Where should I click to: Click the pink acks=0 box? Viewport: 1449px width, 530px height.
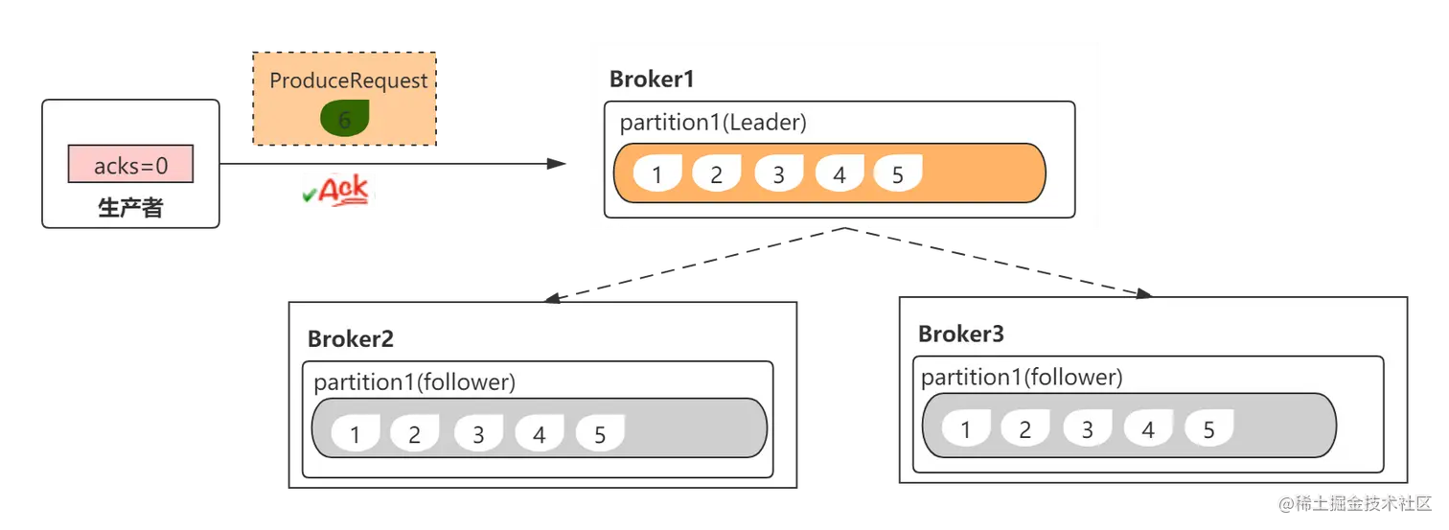click(x=130, y=164)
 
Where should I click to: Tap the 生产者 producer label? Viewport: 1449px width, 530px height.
click(x=130, y=208)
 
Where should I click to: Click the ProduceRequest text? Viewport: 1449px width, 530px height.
click(x=349, y=81)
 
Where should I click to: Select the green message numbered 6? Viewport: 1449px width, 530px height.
click(x=345, y=119)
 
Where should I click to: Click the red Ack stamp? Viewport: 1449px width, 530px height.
click(x=336, y=191)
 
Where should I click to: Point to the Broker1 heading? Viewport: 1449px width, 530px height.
click(x=652, y=79)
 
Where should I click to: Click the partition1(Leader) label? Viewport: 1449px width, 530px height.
click(x=713, y=123)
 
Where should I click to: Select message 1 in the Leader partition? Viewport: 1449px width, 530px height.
click(x=657, y=173)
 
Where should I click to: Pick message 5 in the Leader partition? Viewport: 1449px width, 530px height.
click(x=898, y=173)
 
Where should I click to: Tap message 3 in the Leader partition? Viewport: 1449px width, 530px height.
click(x=779, y=173)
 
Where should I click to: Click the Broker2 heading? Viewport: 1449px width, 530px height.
click(x=351, y=339)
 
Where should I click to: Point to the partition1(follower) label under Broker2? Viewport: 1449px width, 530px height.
click(x=415, y=382)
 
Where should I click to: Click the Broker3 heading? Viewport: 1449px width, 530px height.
click(x=961, y=334)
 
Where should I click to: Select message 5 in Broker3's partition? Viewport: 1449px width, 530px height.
click(x=1209, y=427)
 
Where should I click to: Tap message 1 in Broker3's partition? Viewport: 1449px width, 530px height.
click(x=966, y=427)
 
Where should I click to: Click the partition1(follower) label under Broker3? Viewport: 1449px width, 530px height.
click(x=1022, y=378)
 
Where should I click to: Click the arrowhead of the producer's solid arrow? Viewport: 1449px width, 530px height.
click(x=557, y=164)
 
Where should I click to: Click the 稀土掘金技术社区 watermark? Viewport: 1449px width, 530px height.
click(x=1355, y=503)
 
